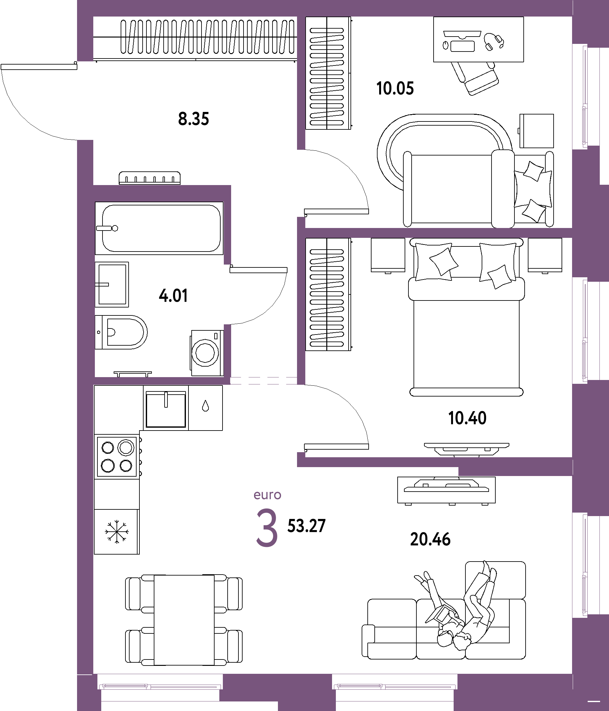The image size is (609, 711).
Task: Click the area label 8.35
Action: [193, 119]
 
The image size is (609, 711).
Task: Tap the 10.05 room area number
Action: [395, 88]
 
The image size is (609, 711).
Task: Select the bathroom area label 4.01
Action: [173, 295]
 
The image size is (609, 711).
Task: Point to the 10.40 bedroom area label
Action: [467, 418]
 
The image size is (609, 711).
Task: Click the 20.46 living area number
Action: [430, 539]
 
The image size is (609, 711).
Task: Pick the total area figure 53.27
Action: [306, 526]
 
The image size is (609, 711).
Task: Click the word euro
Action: [267, 495]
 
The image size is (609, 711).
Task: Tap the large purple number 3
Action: [267, 528]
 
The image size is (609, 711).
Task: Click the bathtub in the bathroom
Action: [159, 228]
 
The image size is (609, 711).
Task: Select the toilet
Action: [121, 332]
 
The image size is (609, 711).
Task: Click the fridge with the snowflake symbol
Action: [117, 532]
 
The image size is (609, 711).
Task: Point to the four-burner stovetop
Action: [117, 456]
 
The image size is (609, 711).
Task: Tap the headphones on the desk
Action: [494, 42]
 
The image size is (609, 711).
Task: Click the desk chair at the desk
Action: [475, 78]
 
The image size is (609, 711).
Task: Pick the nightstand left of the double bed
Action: [388, 255]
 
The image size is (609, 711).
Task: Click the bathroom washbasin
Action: [112, 285]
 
